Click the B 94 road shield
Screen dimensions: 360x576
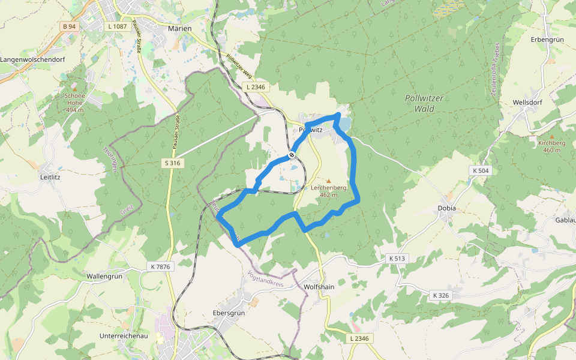coord(69,26)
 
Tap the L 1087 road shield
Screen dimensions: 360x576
coord(116,26)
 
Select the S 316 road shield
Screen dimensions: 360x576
coord(173,163)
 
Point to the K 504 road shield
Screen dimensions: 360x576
coord(481,170)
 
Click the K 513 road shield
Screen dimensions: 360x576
coord(397,258)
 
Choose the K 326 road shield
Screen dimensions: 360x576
coord(440,295)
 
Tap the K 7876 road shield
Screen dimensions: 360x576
coord(158,266)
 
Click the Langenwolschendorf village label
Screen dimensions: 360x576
coord(32,60)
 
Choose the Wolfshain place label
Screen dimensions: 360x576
coord(319,287)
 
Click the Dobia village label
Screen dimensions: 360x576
coord(446,208)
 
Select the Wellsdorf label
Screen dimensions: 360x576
coord(527,103)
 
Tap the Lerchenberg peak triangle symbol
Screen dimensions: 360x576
coord(328,180)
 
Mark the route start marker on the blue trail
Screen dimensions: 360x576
coord(292,155)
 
